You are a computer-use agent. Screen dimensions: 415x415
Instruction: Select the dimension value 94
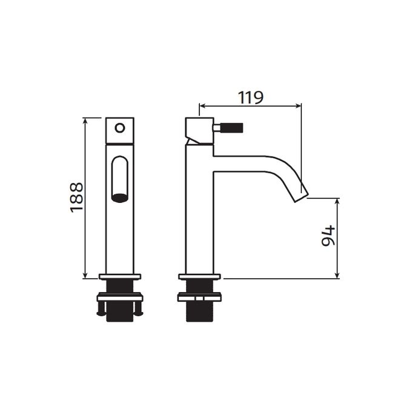tap(327, 237)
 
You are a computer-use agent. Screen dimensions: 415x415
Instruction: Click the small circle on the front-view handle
tap(120, 128)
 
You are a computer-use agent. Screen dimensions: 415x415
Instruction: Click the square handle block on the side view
tap(198, 129)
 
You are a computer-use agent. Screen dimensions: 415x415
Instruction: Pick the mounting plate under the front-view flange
tap(121, 297)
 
